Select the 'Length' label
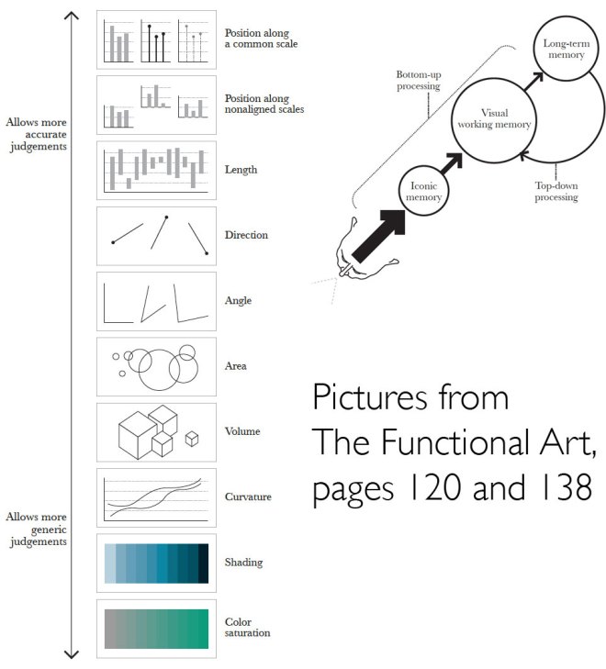[241, 170]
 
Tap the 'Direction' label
[246, 235]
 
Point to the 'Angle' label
[238, 301]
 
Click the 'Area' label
[236, 366]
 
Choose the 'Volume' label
[242, 431]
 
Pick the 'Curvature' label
[248, 497]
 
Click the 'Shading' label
[243, 563]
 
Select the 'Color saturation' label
[248, 627]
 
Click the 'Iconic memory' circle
[424, 191]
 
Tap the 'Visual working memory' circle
[494, 119]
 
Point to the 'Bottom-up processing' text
[418, 80]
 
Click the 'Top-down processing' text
[556, 191]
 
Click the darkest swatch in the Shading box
[203, 563]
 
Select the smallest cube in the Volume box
[192, 439]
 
